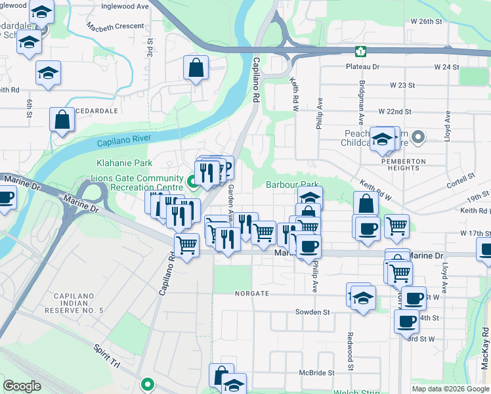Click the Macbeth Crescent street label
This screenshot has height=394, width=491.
pos(116,26)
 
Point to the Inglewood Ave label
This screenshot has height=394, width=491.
pos(125,6)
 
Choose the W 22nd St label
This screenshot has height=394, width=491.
pos(394,112)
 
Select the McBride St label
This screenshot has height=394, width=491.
pos(317,372)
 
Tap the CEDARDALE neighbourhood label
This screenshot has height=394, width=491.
pos(96,112)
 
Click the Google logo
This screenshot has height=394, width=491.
pos(22,386)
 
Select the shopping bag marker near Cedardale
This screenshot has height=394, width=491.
pos(62,120)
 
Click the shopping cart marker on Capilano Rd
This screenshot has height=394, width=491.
pos(186,245)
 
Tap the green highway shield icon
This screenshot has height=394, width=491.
pos(360,51)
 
